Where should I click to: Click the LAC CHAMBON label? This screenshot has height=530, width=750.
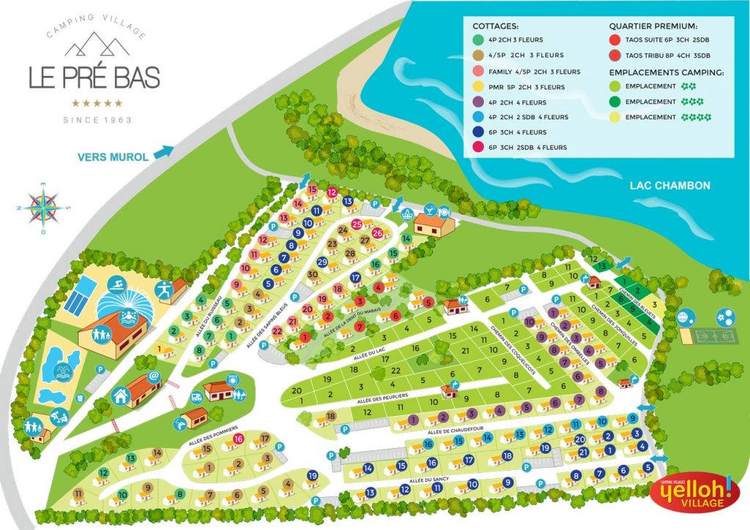pos(669,186)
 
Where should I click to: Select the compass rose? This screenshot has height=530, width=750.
pos(43,206)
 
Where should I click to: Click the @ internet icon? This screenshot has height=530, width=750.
pos(154,376)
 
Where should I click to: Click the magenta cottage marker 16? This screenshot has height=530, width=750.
pos(239,439)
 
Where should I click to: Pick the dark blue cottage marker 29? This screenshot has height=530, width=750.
pos(322,262)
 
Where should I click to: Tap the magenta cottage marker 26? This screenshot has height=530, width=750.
pos(378,233)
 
